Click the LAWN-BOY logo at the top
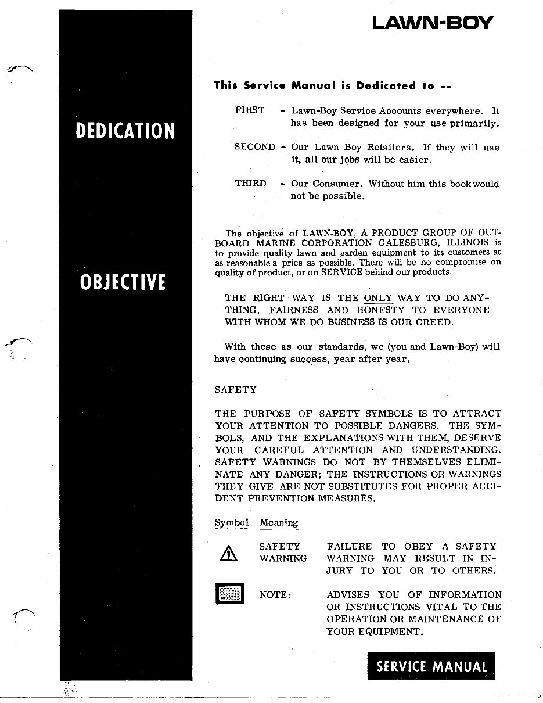(433, 23)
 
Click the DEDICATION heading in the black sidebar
(125, 131)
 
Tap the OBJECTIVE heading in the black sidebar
(123, 282)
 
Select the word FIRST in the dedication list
(250, 110)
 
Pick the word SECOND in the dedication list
(254, 147)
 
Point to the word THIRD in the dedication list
(250, 184)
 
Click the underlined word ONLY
(378, 298)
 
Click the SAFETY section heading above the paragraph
(236, 389)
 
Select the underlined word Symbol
(232, 522)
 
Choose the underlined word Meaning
(279, 522)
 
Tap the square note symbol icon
(230, 593)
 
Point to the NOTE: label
(275, 595)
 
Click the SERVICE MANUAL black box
(431, 666)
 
